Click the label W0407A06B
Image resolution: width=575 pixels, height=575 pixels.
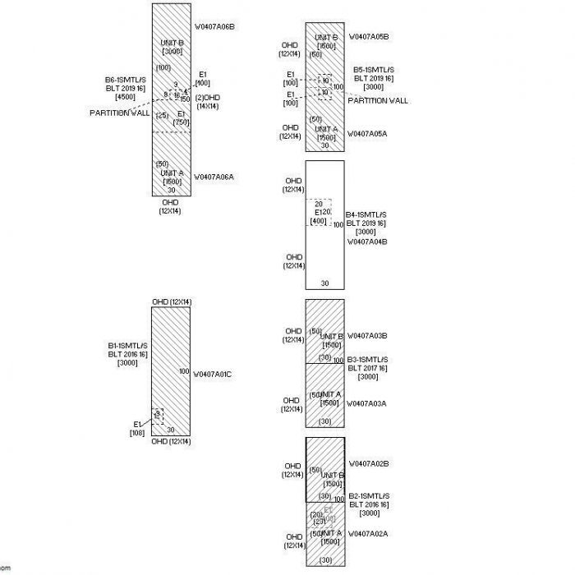point(214,26)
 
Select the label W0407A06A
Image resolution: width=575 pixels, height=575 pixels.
point(214,176)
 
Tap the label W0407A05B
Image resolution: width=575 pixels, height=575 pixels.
point(369,36)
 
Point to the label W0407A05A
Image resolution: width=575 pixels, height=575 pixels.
point(367,133)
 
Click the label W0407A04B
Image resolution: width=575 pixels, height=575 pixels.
point(367,241)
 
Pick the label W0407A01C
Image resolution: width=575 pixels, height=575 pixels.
point(212,374)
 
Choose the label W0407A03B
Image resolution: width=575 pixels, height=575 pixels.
point(367,335)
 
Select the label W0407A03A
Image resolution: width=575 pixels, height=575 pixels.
point(367,403)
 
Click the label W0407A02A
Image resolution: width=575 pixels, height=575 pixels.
point(368,534)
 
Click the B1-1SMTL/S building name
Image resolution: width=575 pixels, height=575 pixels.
point(127,345)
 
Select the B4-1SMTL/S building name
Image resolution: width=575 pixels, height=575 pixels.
point(366,214)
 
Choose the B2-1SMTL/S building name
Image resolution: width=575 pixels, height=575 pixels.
point(368,496)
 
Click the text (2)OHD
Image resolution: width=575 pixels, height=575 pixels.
point(208,97)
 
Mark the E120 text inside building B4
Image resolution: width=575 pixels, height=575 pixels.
point(322,212)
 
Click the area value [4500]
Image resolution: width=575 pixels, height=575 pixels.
point(126,97)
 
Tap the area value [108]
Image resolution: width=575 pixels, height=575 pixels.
point(137,433)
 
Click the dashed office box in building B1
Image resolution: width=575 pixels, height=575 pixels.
point(158,416)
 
